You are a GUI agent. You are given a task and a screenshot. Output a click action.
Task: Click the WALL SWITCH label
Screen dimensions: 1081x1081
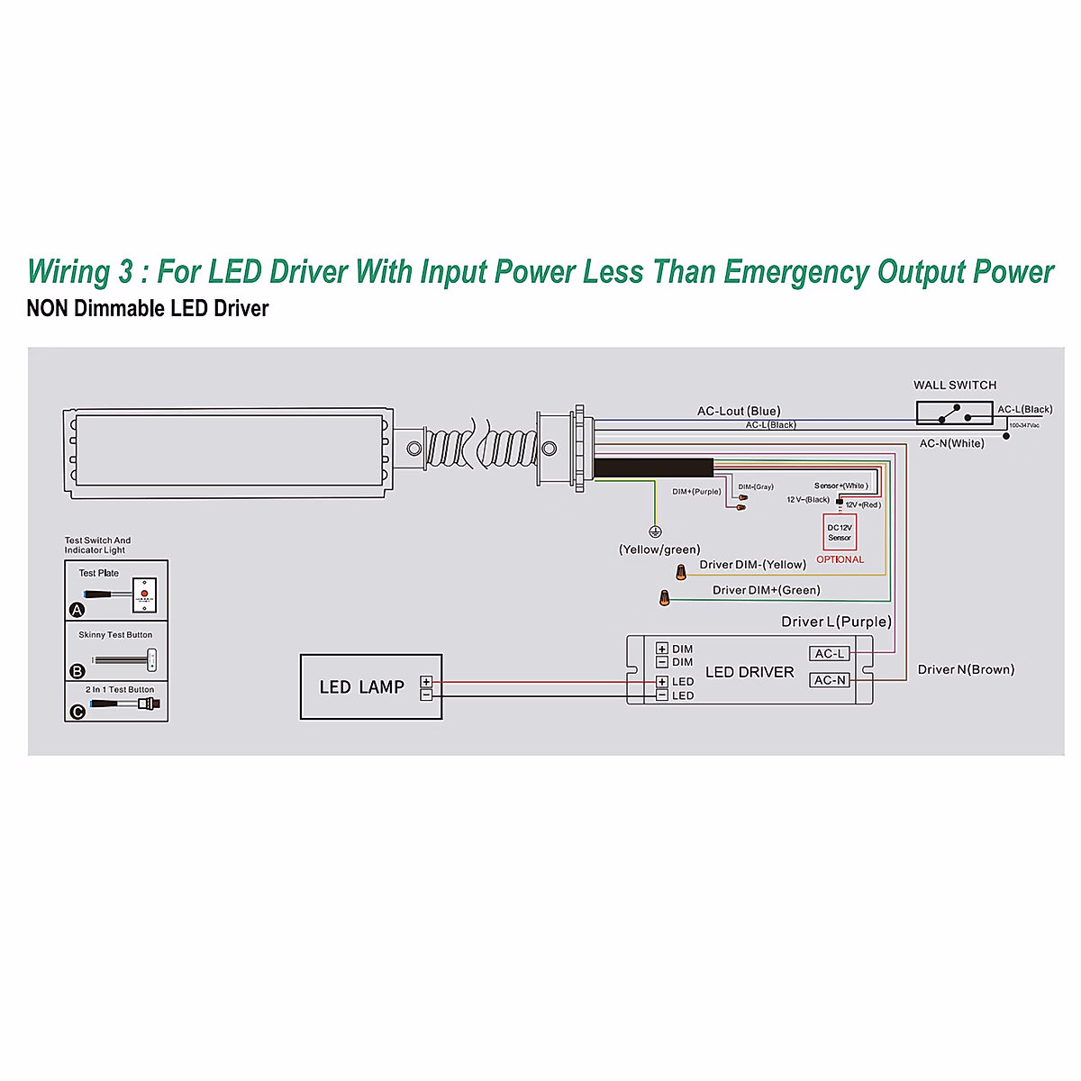[x=955, y=386]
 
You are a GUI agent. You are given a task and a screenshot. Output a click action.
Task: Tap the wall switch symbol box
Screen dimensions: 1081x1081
[x=954, y=413]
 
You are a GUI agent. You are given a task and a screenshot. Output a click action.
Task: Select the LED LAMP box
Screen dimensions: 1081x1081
[x=370, y=686]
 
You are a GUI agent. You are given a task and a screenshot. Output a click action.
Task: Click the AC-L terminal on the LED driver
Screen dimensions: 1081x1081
[x=830, y=654]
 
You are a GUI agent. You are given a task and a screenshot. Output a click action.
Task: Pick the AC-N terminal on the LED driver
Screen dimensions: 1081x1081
[x=830, y=680]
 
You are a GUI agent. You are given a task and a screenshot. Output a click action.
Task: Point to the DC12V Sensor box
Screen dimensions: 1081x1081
[x=840, y=532]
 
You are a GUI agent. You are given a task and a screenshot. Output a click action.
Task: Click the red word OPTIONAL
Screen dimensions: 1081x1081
[x=840, y=559]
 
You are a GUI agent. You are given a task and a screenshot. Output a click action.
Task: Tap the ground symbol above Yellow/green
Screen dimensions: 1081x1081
[x=655, y=531]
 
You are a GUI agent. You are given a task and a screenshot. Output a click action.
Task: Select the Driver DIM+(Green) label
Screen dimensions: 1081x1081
[x=766, y=591]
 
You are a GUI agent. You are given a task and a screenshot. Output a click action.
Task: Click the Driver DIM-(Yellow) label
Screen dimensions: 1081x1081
[x=752, y=565]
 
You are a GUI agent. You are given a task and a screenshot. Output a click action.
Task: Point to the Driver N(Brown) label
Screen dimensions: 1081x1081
[x=966, y=669]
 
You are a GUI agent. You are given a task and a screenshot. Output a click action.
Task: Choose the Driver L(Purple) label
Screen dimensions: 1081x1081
[x=836, y=622]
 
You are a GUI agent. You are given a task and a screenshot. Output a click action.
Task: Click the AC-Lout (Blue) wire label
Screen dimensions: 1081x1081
[x=739, y=411]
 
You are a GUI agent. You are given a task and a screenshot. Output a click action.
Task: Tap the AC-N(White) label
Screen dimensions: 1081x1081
[x=951, y=443]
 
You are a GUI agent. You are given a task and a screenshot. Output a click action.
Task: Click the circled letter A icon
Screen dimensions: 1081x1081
[x=77, y=610]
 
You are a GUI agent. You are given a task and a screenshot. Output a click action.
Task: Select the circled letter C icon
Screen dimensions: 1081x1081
[x=77, y=712]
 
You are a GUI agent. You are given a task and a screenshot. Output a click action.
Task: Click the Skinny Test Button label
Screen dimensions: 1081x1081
[x=115, y=635]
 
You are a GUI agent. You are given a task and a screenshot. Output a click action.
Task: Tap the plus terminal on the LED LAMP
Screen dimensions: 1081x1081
[x=426, y=682]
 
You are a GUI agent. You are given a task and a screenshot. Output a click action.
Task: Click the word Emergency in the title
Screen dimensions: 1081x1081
[x=795, y=272]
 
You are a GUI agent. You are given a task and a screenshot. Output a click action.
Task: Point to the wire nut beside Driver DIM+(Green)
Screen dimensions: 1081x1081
[x=664, y=597]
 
